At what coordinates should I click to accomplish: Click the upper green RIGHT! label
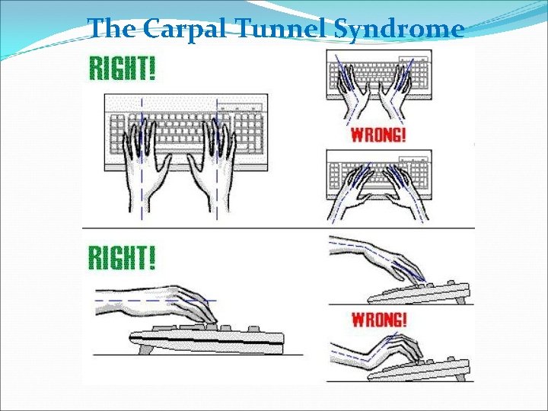point(123,68)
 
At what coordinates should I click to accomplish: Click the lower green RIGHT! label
point(123,257)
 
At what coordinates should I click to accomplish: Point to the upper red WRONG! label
point(378,135)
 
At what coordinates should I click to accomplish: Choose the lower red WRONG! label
point(378,319)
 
